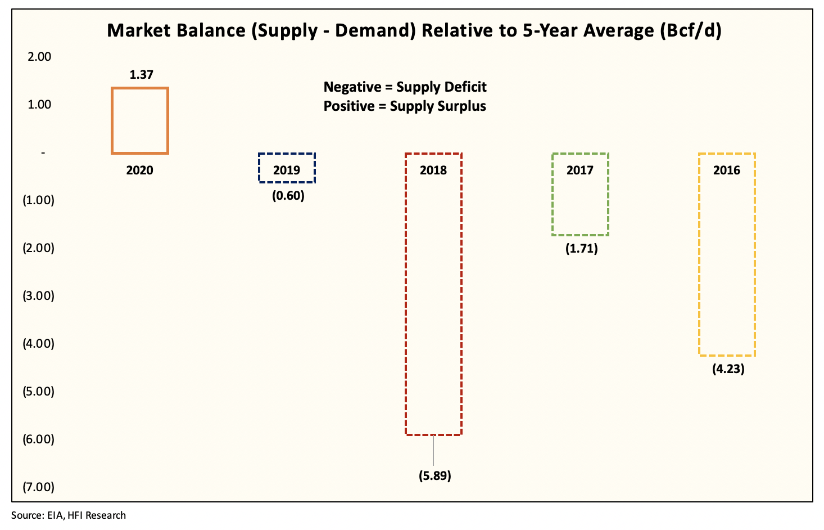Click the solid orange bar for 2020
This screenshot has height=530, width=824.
[140, 120]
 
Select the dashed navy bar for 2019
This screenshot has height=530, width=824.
[287, 168]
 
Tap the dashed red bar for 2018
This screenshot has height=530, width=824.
[433, 294]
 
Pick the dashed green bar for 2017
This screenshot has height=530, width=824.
[580, 194]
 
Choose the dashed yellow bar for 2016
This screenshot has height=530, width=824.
[727, 254]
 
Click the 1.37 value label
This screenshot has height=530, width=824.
[141, 75]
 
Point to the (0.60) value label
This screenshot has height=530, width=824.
[288, 196]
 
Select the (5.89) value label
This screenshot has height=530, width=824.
[434, 476]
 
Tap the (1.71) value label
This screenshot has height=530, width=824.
[581, 248]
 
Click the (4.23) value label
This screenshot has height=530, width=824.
[728, 370]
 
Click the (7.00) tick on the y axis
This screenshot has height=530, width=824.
[38, 487]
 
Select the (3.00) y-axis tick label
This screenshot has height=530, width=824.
[38, 296]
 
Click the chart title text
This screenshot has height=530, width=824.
[414, 30]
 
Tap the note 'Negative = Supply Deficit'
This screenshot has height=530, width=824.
[405, 87]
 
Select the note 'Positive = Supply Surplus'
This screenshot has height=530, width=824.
[405, 106]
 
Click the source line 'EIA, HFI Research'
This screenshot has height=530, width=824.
[69, 515]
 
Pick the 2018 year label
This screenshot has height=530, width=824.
[433, 170]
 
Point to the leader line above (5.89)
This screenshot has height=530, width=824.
[433, 450]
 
